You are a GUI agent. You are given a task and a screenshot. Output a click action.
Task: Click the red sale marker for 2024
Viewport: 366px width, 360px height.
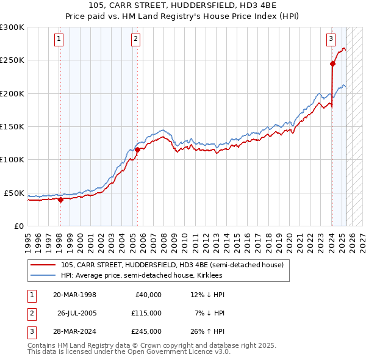(332, 63)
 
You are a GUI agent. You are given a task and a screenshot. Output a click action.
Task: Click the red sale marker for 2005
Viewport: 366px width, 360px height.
(137, 149)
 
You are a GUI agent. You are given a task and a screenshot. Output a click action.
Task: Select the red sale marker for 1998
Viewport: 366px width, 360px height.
(60, 199)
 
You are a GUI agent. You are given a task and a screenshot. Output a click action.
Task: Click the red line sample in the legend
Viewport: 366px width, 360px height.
(43, 265)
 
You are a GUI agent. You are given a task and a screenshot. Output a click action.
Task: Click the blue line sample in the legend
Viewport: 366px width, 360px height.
(43, 275)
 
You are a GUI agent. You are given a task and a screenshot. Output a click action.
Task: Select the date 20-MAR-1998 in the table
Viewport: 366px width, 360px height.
(74, 295)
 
